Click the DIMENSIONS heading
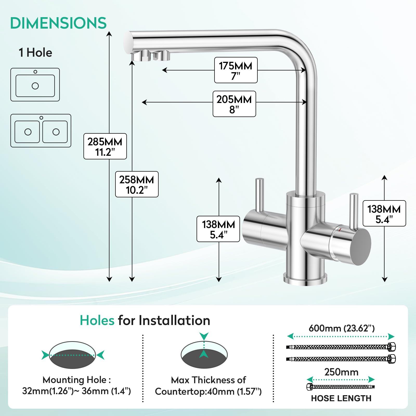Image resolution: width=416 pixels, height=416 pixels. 58,23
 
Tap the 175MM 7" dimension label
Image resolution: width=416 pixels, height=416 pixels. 236,70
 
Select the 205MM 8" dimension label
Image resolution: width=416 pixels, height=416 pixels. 234,104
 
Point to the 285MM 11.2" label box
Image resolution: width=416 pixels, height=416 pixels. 105,146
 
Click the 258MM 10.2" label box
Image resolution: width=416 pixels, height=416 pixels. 137,184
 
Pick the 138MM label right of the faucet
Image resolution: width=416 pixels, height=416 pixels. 384,213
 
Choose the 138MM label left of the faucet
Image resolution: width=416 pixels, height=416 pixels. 218,229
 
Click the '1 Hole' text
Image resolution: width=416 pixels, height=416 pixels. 35,53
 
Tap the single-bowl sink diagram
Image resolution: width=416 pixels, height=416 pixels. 35,84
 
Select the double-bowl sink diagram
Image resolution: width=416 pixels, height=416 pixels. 41,131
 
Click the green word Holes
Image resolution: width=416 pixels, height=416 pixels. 97,320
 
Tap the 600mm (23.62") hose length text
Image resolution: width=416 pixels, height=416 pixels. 341,328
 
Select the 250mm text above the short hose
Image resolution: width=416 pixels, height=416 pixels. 341,372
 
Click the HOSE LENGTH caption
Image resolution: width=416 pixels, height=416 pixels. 341,398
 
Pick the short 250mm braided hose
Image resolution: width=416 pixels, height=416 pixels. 341,387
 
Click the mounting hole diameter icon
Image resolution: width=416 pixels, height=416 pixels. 73,355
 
